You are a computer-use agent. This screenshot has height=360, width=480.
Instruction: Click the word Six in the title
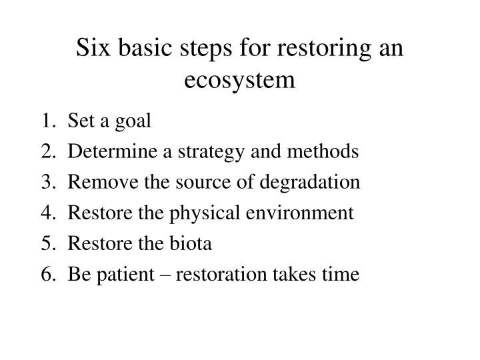(92, 49)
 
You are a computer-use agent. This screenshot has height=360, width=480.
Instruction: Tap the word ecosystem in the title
(240, 79)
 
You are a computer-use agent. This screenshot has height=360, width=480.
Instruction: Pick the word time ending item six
(342, 275)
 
